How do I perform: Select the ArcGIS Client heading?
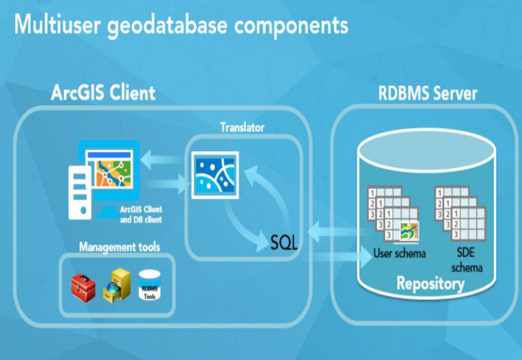103,93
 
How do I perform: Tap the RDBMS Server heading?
428,94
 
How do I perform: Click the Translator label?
242,127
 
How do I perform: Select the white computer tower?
80,192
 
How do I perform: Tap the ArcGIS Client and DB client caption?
141,214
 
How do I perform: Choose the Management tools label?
120,247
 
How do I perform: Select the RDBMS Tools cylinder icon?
150,285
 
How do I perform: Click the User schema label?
399,253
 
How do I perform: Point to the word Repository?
430,283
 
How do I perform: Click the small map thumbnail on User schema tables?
409,230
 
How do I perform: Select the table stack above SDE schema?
460,212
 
